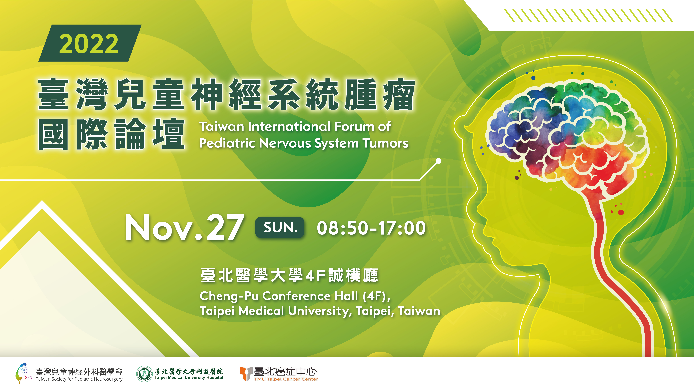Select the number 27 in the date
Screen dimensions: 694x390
point(225,227)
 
